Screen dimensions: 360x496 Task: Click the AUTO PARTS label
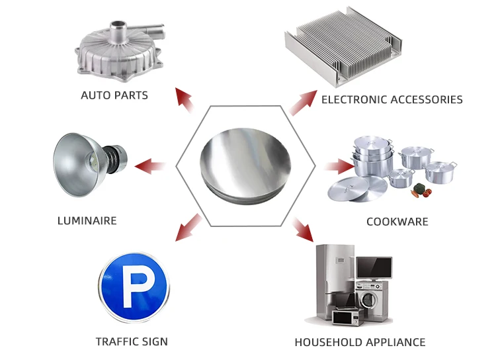pos(114,95)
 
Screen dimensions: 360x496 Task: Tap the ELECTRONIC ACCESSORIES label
pos(392,100)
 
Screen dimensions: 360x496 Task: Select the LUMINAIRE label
pos(87,220)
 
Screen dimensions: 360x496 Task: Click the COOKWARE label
pos(397,222)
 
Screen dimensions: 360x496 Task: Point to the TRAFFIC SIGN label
pos(132,342)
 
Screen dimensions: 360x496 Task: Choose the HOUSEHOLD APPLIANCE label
pos(360,343)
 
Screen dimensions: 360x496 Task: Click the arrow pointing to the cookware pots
pos(339,165)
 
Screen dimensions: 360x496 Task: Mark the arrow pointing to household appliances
pos(302,228)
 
